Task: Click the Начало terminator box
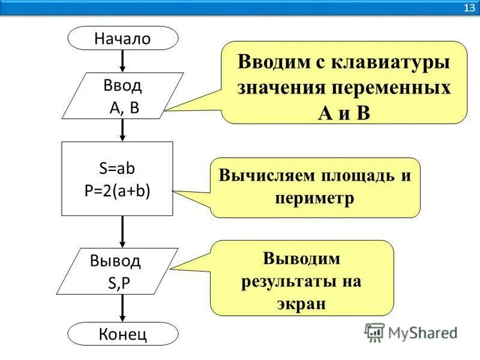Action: (x=122, y=38)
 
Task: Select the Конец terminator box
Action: (x=122, y=334)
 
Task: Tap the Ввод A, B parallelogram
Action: (x=123, y=96)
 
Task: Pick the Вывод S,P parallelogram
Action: (x=122, y=272)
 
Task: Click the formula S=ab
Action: (x=118, y=169)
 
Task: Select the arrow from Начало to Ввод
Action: (x=122, y=61)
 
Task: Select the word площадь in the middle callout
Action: (x=347, y=177)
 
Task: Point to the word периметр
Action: (x=315, y=198)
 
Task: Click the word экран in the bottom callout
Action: (x=301, y=303)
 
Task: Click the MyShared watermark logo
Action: (x=411, y=332)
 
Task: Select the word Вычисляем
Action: (x=259, y=177)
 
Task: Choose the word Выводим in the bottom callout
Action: (x=301, y=259)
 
